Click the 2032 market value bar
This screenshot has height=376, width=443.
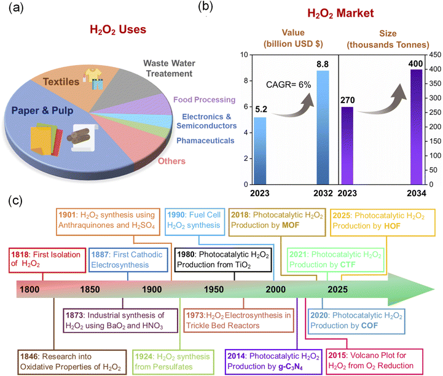tap(323, 127)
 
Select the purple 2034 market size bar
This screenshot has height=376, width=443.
tap(417, 127)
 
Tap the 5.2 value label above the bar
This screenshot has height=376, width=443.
tap(261, 109)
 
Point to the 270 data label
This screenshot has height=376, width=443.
tap(348, 100)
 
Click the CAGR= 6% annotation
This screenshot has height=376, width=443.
tap(288, 84)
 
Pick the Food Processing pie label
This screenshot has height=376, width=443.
tap(204, 100)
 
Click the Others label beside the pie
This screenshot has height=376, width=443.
tap(171, 161)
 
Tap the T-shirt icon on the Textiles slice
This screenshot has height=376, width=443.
tap(93, 74)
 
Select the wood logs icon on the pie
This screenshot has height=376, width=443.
tap(79, 136)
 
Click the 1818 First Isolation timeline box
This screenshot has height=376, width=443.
tap(47, 260)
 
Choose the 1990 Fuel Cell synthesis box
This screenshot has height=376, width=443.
tap(195, 222)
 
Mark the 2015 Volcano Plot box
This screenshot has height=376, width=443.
tap(375, 362)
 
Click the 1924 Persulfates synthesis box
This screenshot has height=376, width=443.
tap(173, 362)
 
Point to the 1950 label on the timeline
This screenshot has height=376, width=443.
tap(214, 289)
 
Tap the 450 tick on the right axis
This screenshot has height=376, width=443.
tap(435, 55)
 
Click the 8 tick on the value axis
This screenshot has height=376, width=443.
tap(246, 81)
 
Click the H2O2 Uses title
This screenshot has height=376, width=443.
tap(118, 29)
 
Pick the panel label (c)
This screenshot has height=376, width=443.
tap(15, 200)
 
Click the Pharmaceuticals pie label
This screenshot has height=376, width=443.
tap(205, 141)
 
